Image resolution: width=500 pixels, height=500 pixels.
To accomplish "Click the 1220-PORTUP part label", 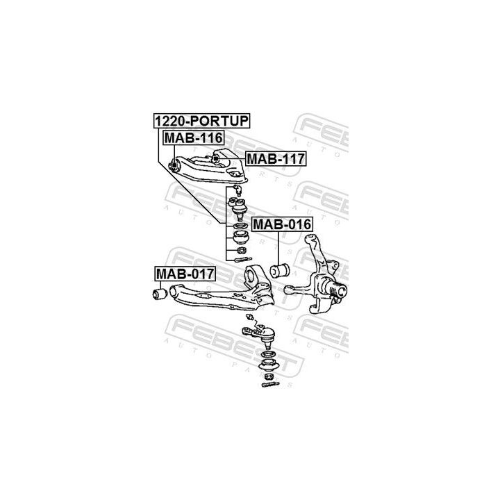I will click(x=201, y=120).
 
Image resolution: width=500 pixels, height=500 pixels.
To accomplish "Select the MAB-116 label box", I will click(x=192, y=137).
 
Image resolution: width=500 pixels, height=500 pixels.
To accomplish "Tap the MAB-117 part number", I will click(x=276, y=159).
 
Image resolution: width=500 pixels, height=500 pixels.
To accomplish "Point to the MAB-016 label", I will click(x=281, y=224).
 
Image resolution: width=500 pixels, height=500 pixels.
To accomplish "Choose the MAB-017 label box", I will click(x=184, y=274).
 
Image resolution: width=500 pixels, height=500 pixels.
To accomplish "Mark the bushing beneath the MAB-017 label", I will click(x=159, y=294).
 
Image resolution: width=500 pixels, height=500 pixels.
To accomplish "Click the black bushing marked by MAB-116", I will click(x=174, y=165).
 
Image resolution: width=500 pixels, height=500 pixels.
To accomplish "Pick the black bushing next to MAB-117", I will click(x=216, y=158).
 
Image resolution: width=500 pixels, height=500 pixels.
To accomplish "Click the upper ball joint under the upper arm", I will click(x=237, y=206).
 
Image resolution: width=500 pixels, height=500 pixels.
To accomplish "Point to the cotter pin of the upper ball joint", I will click(x=244, y=260).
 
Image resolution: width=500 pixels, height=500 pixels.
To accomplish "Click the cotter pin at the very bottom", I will click(x=270, y=383).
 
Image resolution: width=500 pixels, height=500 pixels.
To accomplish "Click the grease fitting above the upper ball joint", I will click(x=237, y=189).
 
